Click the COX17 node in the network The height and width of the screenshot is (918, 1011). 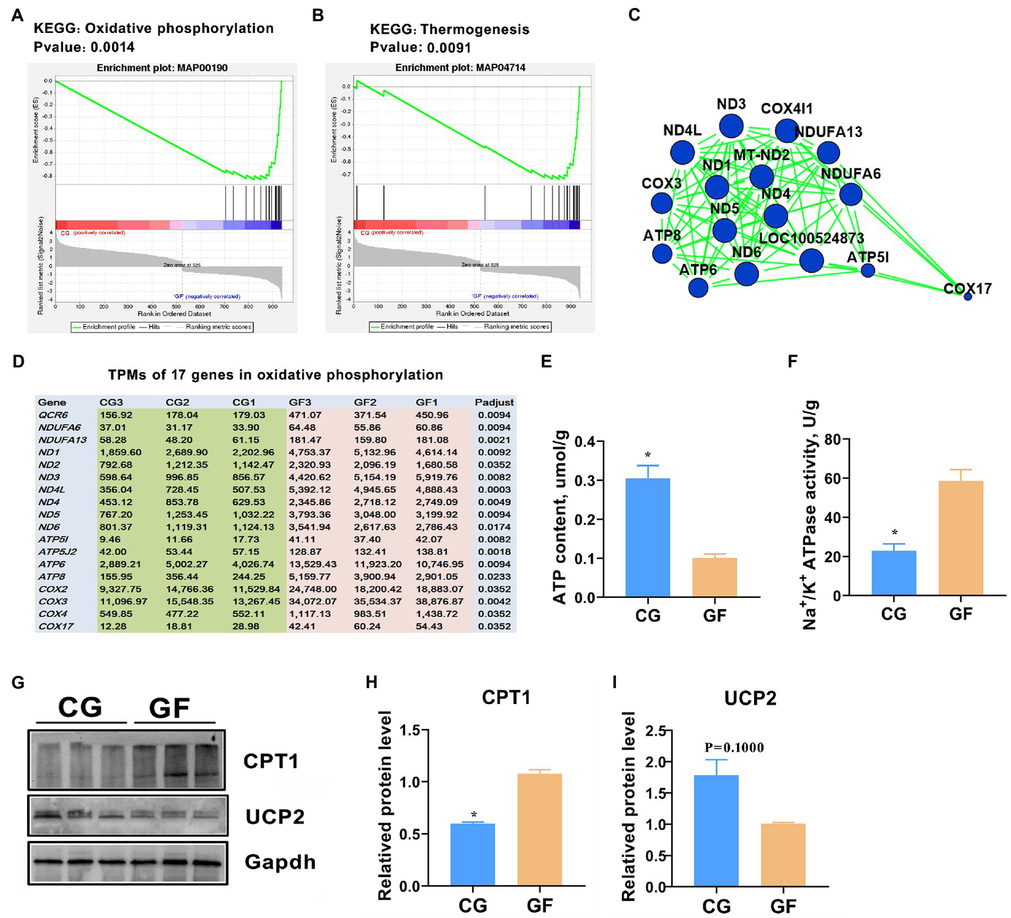tap(968, 297)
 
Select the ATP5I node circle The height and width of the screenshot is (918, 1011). tap(868, 270)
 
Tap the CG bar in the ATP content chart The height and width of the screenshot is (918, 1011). tap(647, 537)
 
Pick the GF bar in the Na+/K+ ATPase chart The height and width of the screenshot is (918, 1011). tap(961, 538)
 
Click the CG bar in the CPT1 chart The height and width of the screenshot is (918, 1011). tap(472, 854)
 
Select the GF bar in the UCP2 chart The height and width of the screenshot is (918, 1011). tap(783, 854)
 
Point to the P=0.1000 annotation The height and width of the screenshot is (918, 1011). tap(734, 747)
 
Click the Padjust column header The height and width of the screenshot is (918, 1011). tap(494, 402)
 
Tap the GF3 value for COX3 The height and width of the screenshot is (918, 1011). tap(312, 602)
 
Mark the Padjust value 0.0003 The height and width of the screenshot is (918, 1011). tap(494, 490)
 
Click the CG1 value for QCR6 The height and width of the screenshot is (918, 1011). tap(248, 416)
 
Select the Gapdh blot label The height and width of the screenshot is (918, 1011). tap(280, 862)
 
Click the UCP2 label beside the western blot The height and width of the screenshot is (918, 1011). tap(275, 817)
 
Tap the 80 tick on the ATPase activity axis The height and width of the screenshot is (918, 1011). tap(831, 439)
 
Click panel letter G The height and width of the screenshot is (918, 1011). tap(18, 682)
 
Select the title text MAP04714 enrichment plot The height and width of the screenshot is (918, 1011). tap(460, 68)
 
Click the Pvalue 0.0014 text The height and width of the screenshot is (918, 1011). tap(84, 47)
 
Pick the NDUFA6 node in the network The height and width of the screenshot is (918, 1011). tap(851, 194)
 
